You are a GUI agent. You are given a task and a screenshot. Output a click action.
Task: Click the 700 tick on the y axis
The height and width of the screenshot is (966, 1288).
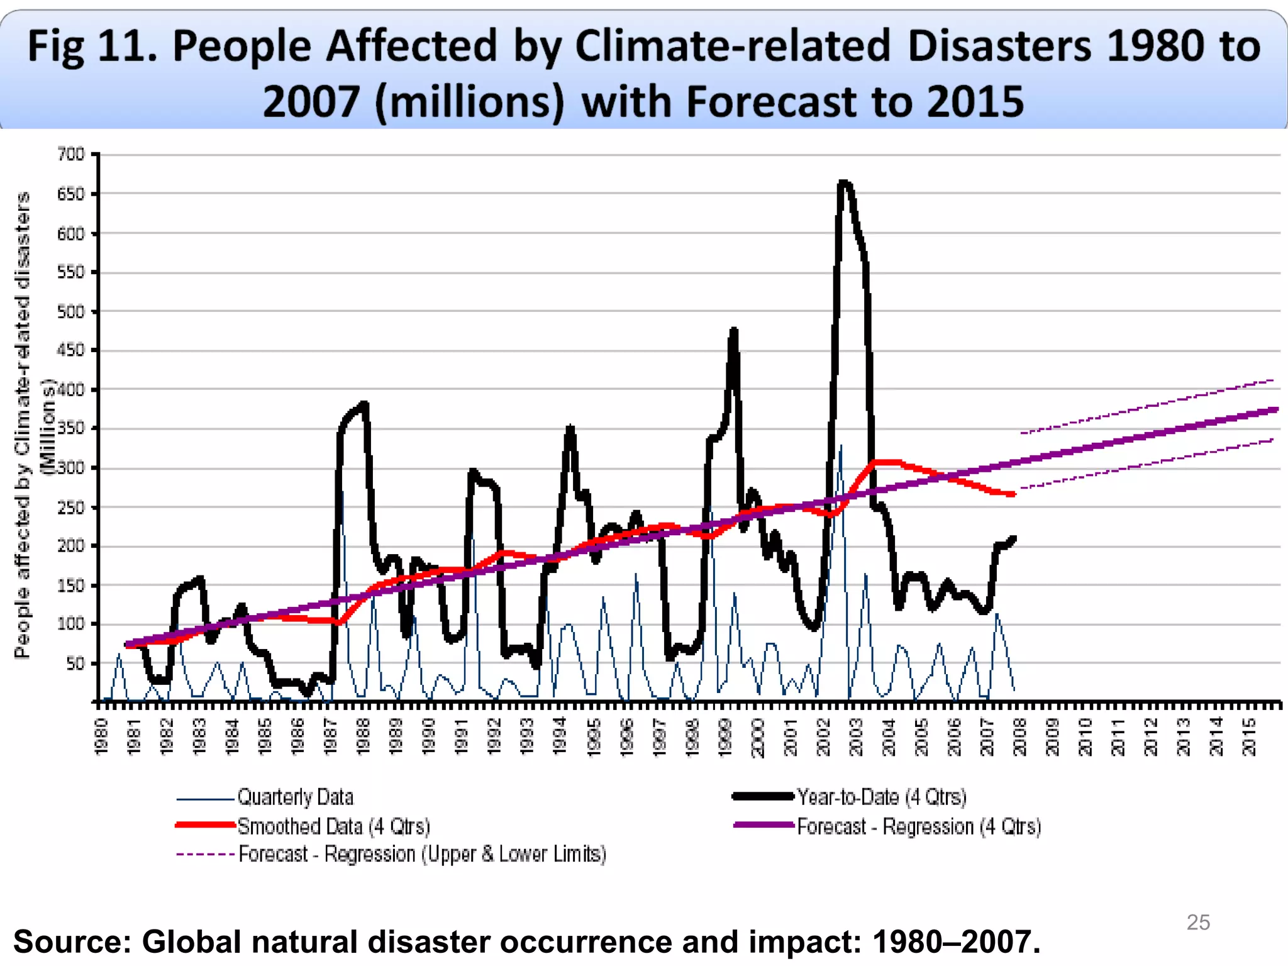point(70,154)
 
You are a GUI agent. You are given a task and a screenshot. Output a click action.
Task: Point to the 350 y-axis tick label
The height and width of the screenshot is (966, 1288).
point(70,429)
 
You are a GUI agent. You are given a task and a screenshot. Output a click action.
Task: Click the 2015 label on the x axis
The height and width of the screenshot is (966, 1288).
point(1250,736)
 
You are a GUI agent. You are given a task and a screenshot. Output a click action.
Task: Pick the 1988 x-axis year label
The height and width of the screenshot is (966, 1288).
point(364,736)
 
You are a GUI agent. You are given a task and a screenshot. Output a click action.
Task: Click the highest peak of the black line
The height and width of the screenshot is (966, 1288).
point(844,183)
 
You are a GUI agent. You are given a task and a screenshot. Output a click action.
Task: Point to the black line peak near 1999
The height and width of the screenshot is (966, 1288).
point(734,330)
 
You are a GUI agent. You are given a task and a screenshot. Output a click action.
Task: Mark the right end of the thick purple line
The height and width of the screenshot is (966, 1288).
point(1277,409)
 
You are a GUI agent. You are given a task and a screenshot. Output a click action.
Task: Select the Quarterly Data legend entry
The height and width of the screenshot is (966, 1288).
point(295,797)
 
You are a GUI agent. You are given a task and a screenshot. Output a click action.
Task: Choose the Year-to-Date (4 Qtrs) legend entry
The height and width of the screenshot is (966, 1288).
point(881,797)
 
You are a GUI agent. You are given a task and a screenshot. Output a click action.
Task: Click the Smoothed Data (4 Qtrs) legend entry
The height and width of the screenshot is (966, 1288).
point(333,826)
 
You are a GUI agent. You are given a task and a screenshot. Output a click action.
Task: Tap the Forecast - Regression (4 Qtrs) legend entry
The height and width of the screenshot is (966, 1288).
point(918,826)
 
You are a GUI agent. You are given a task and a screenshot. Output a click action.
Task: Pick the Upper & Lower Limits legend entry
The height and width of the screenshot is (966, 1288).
point(422,855)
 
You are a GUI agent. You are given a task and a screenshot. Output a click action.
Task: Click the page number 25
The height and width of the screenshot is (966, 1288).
point(1198,922)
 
